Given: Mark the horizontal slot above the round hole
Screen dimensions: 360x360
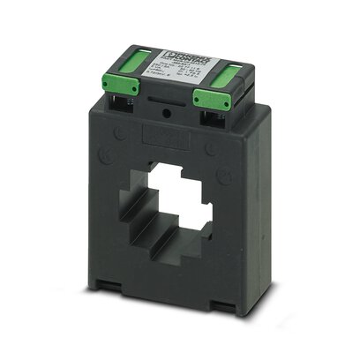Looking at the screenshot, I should coord(182,108).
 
